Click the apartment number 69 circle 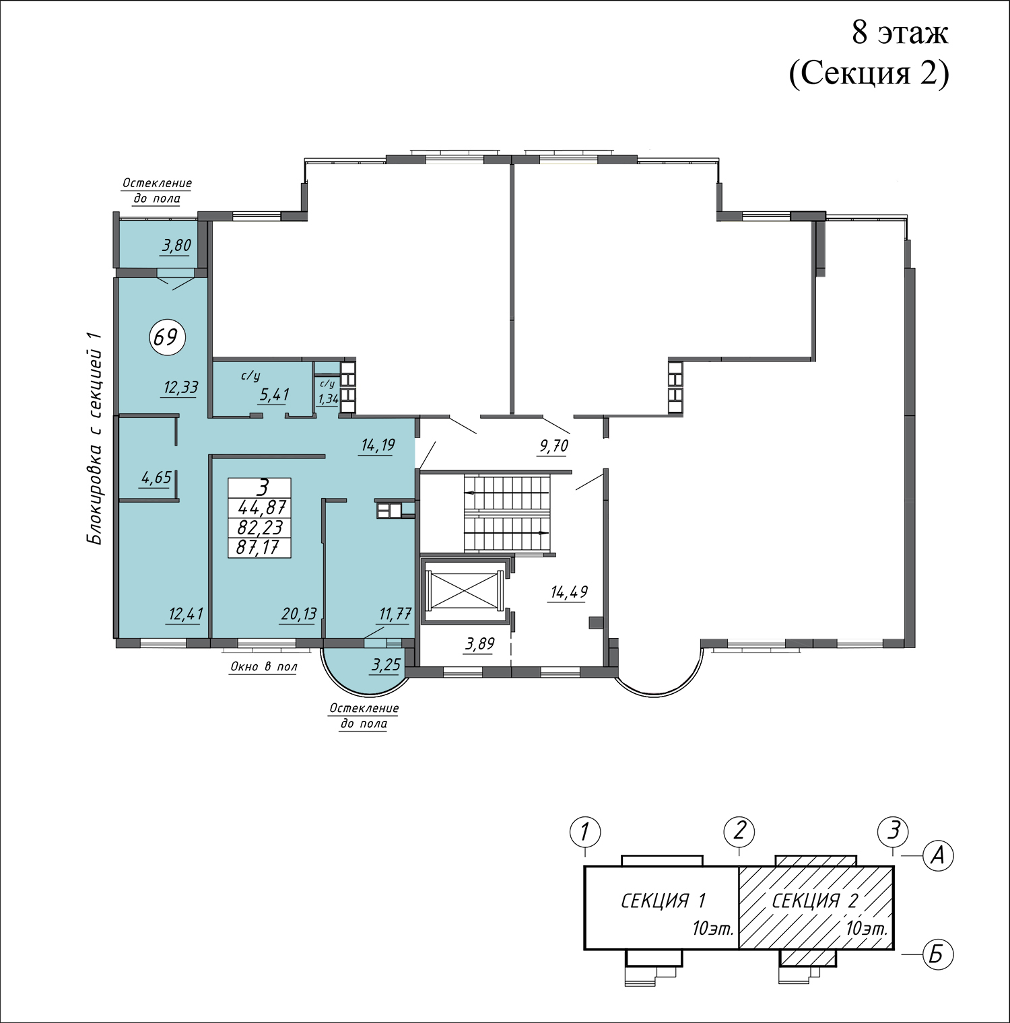click(x=166, y=336)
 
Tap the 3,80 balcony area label click(x=176, y=246)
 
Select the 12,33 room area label click(x=181, y=387)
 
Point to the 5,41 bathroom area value click(x=275, y=394)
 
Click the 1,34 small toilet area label click(x=328, y=398)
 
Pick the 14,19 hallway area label click(x=378, y=445)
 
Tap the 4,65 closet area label click(x=156, y=478)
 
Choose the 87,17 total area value click(x=258, y=548)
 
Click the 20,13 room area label click(x=299, y=614)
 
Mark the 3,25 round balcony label click(x=386, y=665)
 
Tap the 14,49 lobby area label click(x=570, y=592)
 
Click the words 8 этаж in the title click(x=900, y=32)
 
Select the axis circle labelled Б click(x=937, y=954)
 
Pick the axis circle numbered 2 click(x=740, y=831)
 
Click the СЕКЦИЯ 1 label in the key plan click(x=663, y=900)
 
